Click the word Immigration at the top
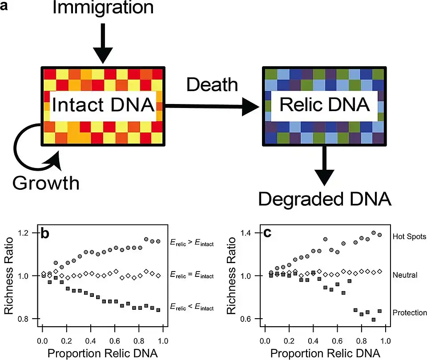pyautogui.click(x=103, y=8)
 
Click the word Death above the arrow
pyautogui.click(x=212, y=84)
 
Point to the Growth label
pyautogui.click(x=46, y=182)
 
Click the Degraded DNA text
pyautogui.click(x=325, y=199)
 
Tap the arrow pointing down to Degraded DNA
pyautogui.click(x=325, y=167)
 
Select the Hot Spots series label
pyautogui.click(x=410, y=236)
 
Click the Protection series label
pyautogui.click(x=410, y=313)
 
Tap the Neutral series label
pyautogui.click(x=405, y=275)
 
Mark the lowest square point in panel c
pyautogui.click(x=374, y=320)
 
